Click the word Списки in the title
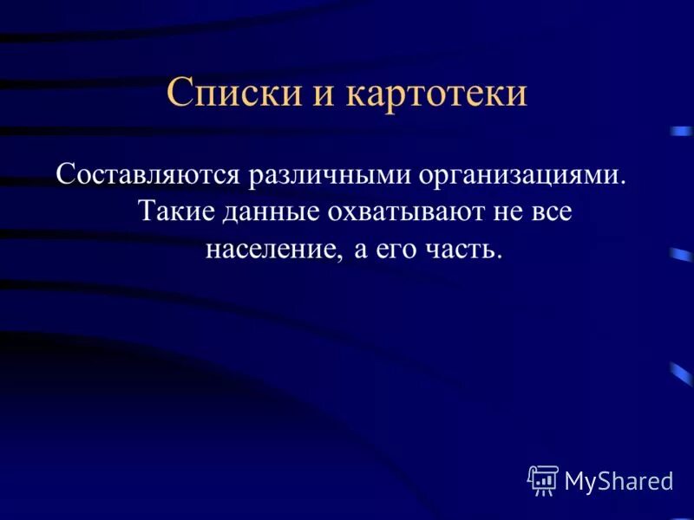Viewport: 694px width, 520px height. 229,93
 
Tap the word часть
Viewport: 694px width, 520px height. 469,250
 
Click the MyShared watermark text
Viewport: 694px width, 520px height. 619,481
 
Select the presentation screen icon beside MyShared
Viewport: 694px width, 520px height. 543,480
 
